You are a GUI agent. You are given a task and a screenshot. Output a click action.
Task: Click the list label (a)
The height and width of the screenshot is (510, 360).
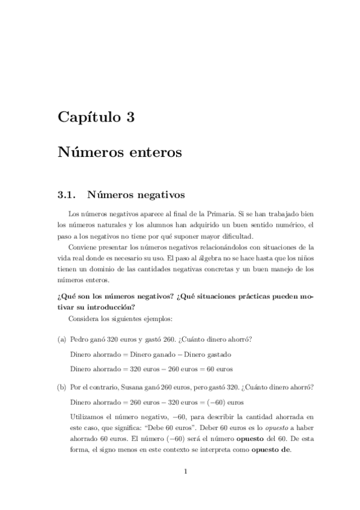coord(62,339)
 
